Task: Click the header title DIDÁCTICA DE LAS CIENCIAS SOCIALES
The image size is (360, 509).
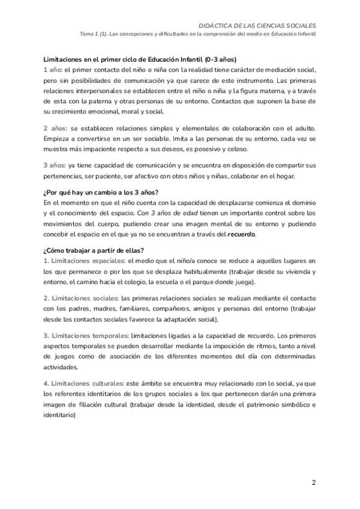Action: click(x=257, y=25)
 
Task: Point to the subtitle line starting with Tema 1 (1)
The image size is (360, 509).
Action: click(x=198, y=34)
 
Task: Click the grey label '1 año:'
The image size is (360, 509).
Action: click(x=53, y=70)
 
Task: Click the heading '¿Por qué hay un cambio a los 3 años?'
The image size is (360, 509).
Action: click(x=100, y=192)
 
